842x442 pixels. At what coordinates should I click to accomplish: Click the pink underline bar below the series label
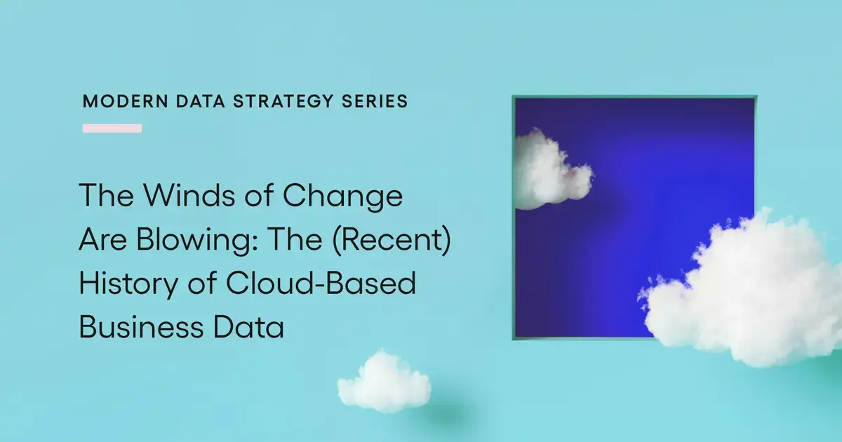tap(112, 128)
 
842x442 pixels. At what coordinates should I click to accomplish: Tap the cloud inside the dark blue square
tap(550, 170)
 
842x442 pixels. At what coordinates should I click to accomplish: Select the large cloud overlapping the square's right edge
tap(747, 295)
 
